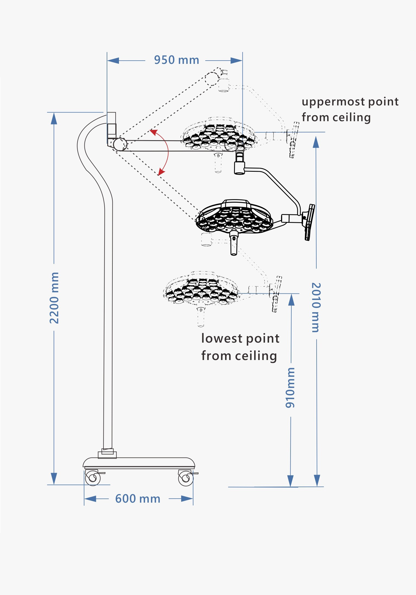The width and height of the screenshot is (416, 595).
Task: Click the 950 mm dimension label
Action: pos(177,60)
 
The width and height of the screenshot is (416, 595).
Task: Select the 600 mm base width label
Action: pos(138,499)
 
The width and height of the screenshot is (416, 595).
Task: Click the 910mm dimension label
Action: pos(290,388)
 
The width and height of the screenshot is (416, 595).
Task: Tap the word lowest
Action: pos(222,339)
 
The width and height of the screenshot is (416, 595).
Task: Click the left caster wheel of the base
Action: pos(93,478)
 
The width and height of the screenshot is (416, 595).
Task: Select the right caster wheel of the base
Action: pos(186,478)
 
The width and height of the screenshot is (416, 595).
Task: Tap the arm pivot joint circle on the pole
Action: pos(120,144)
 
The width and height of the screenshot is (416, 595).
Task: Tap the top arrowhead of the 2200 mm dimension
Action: pos(54,118)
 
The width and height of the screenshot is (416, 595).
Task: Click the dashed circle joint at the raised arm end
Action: pos(212,79)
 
